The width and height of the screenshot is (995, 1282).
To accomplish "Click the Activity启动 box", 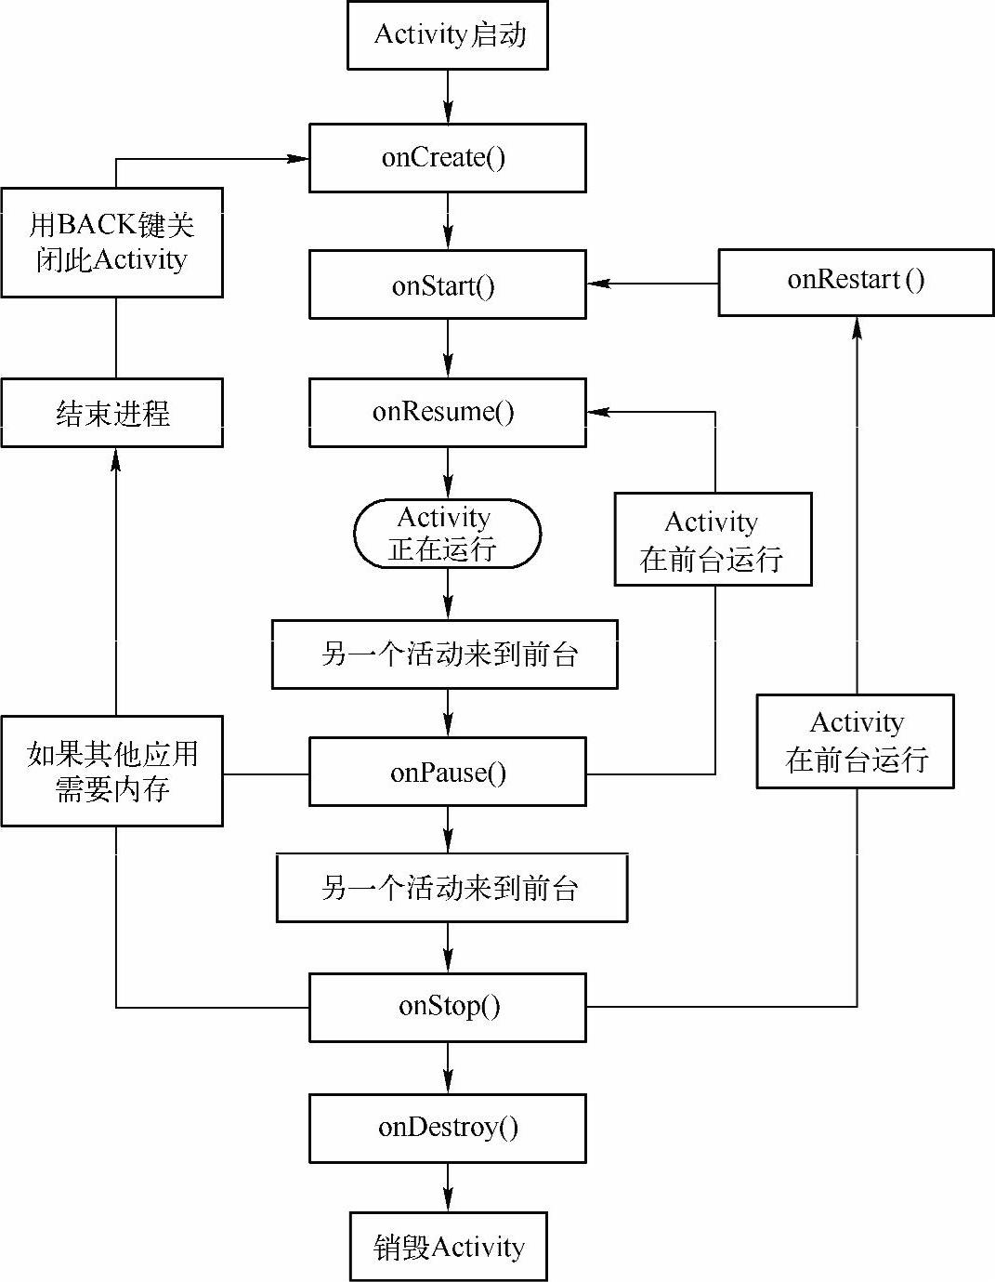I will point(447,35).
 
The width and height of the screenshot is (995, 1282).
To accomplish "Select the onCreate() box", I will point(447,158).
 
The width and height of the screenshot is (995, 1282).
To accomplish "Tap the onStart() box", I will point(447,284).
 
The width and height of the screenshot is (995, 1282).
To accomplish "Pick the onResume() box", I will point(447,412).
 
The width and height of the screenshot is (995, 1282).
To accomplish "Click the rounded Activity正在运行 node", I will point(447,534).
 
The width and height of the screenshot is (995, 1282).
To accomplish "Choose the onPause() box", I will point(447,772).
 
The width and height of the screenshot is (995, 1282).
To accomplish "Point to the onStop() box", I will point(447,1007).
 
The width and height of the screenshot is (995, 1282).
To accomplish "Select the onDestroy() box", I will point(447,1128).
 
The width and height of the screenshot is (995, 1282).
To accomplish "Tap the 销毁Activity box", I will point(448,1247).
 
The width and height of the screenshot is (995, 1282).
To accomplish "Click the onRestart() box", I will point(856,282).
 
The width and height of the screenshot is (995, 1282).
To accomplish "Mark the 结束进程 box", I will point(111,413).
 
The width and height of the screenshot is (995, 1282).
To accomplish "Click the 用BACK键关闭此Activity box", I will point(111,243).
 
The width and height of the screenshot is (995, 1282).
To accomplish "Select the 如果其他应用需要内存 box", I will point(111,771).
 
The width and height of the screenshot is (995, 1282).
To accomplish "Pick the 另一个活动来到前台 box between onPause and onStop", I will point(452,888).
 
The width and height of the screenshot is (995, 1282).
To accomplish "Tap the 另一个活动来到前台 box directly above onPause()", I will point(444,654).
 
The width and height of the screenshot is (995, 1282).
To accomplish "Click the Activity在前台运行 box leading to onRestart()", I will point(855,741).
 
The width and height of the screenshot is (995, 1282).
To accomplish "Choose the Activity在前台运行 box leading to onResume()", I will point(713,539).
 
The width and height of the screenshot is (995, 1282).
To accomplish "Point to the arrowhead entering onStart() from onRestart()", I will point(598,284).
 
